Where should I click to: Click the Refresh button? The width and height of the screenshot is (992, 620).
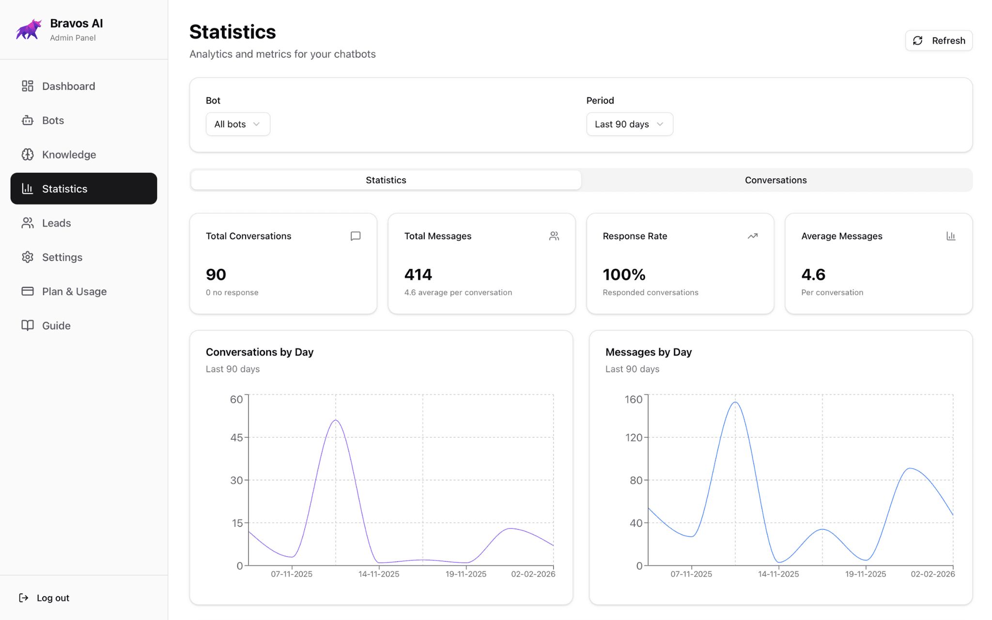pos(938,41)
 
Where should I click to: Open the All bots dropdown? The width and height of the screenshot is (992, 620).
pos(237,124)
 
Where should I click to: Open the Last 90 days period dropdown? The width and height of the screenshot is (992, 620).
pos(629,124)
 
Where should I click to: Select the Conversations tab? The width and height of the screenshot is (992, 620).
pos(775,180)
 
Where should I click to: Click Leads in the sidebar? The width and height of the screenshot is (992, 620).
pos(56,223)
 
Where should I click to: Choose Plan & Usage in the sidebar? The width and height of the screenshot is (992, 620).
pos(74,292)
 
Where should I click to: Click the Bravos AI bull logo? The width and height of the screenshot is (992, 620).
pos(29,30)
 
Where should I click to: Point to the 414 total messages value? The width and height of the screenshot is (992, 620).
pos(418,275)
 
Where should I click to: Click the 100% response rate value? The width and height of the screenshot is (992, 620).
pos(624,275)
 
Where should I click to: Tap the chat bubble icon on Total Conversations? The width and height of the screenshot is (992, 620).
pos(356,236)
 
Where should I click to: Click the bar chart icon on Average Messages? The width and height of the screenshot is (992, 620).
pos(950,236)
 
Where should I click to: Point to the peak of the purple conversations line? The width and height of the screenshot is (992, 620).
pos(336,420)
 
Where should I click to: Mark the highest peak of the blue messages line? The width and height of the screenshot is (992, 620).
pos(735,402)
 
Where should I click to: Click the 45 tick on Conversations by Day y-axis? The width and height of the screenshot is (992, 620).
pos(236,437)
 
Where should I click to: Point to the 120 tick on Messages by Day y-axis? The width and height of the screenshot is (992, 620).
pos(634,437)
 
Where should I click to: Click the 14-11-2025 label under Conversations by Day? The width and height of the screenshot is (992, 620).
pos(379,574)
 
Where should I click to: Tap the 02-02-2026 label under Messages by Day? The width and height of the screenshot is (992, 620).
pos(932,574)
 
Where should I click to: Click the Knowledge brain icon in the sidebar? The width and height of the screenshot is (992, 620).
pos(28,155)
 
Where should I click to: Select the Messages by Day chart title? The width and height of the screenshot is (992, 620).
pos(648,352)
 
